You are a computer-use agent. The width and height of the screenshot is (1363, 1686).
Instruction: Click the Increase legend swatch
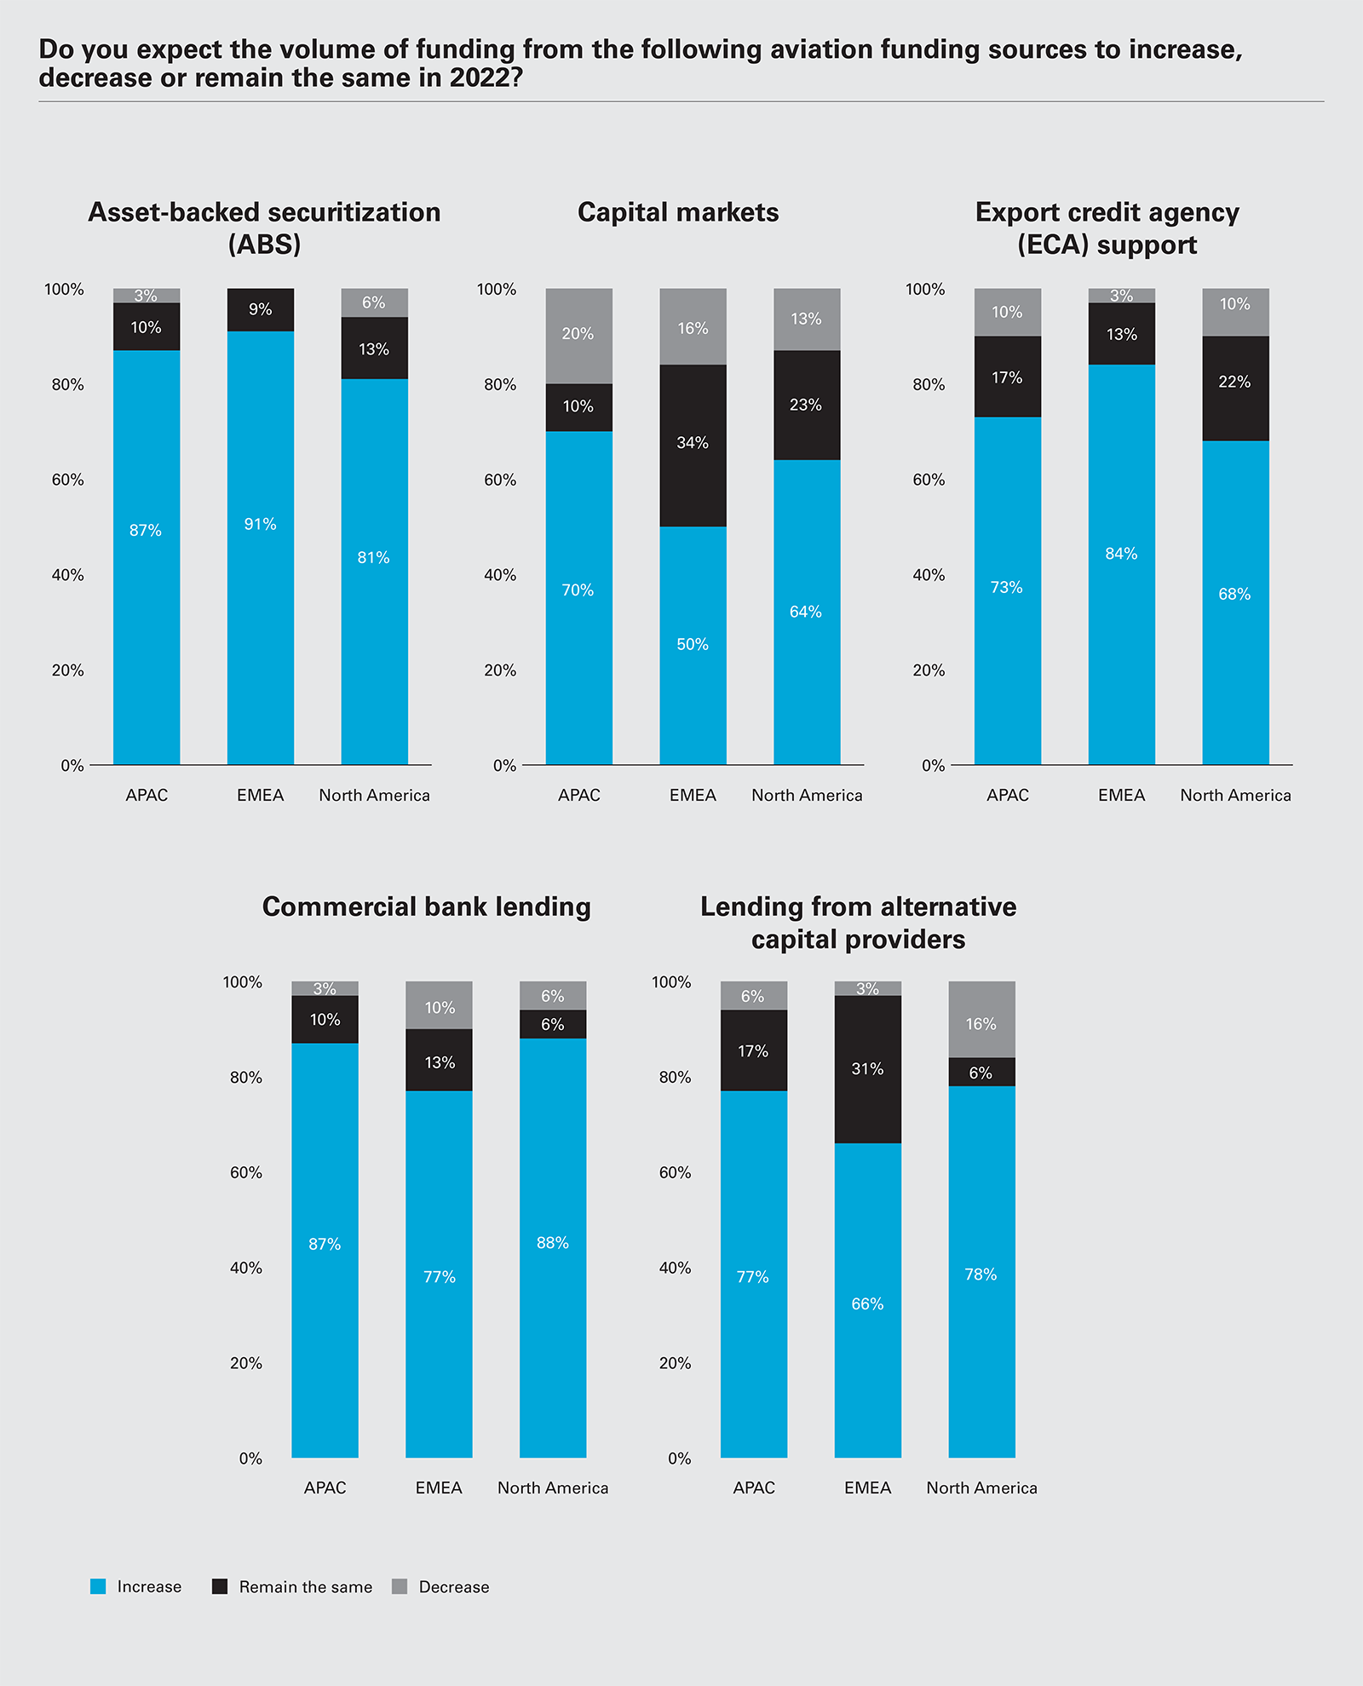tap(98, 1586)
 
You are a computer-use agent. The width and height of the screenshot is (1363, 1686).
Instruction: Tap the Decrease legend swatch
tap(400, 1586)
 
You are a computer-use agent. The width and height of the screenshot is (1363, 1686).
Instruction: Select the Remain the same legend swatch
tap(220, 1586)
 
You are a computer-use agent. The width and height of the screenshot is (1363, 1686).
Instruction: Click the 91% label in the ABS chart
tap(261, 524)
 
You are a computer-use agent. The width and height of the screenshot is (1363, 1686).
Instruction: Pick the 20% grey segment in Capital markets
tap(578, 336)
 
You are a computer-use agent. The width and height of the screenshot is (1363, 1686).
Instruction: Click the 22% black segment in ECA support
tap(1235, 388)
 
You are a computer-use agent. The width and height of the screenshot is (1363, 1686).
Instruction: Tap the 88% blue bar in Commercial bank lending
tap(553, 1248)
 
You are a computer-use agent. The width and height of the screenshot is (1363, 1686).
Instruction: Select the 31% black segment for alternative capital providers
tap(867, 1069)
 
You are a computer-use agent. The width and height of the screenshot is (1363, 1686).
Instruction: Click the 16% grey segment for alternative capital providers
tap(981, 1020)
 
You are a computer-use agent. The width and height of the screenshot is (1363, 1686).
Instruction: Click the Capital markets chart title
tap(678, 212)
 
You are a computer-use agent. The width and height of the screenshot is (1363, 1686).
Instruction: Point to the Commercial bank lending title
tap(426, 906)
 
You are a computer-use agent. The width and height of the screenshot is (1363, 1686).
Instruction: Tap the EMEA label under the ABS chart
tap(261, 795)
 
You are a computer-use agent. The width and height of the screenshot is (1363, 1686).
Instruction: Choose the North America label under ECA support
tap(1235, 795)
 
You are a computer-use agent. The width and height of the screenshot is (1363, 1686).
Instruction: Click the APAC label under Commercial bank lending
tap(325, 1487)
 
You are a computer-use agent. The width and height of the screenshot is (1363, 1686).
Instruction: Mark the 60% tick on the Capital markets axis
tap(500, 480)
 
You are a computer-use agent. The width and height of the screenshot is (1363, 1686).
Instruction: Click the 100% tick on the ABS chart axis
tap(64, 290)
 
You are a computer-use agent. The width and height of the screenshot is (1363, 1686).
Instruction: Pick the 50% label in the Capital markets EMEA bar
tap(693, 644)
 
